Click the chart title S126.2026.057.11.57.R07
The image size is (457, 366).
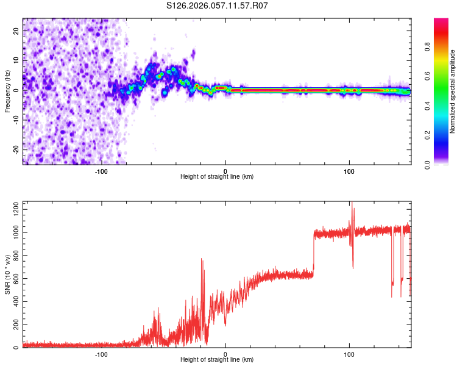pyautogui.click(x=218, y=5)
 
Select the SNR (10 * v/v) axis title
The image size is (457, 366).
pyautogui.click(x=7, y=274)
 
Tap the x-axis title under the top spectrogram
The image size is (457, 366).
pyautogui.click(x=217, y=176)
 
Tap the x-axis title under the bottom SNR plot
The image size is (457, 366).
pyautogui.click(x=217, y=359)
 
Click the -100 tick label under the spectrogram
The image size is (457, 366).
pyautogui.click(x=101, y=171)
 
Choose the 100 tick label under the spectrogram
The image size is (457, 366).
pyautogui.click(x=349, y=171)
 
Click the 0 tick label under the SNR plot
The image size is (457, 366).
pyautogui.click(x=225, y=354)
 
